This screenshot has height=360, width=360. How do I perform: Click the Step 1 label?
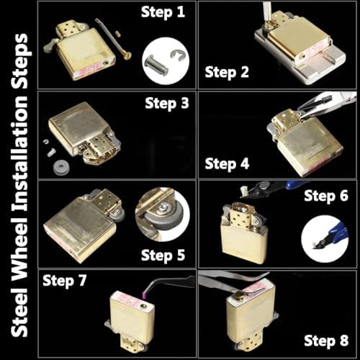coord(163,12)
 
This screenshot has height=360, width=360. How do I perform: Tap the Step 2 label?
coord(227,72)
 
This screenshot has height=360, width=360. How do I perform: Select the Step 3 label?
coord(167,104)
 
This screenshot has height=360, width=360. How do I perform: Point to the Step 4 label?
coord(227,164)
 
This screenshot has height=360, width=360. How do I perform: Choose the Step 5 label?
coord(163,255)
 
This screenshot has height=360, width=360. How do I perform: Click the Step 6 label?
coord(326,196)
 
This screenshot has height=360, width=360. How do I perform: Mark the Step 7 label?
coord(64,281)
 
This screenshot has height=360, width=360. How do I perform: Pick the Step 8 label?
coord(326,341)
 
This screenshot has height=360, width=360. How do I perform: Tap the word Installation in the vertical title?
coord(19,153)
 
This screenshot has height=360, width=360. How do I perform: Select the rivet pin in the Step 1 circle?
coord(157,65)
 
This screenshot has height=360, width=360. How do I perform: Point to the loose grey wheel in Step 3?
coord(61,166)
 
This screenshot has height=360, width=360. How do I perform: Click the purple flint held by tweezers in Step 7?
coord(144,295)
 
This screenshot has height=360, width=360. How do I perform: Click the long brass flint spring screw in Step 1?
coord(113,38)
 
